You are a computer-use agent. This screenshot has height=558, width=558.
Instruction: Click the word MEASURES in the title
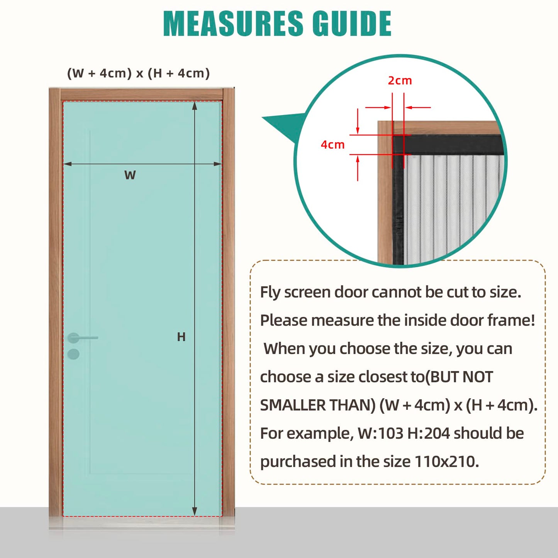click(233, 24)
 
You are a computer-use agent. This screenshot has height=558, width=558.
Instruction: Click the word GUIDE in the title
click(352, 24)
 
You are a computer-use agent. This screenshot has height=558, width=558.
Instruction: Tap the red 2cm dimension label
click(400, 81)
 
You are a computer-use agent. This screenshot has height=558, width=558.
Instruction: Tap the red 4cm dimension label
click(332, 145)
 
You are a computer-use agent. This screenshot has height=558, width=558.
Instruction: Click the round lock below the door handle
click(73, 354)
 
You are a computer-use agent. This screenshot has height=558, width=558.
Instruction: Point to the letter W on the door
click(130, 175)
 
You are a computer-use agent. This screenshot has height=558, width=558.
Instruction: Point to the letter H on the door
click(181, 337)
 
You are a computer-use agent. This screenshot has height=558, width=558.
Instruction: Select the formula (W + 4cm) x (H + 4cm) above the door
click(138, 73)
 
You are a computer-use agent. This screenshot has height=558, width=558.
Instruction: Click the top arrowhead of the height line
click(195, 105)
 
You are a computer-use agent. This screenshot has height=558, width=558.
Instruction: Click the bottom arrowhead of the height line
click(195, 512)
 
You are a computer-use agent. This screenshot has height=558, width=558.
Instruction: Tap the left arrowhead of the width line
click(68, 164)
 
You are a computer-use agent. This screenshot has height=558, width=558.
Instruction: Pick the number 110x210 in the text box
click(446, 461)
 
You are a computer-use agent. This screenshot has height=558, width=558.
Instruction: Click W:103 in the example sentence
click(380, 433)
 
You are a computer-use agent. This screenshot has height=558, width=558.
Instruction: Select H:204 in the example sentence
click(429, 433)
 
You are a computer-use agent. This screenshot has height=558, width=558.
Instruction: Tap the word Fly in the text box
click(270, 292)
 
